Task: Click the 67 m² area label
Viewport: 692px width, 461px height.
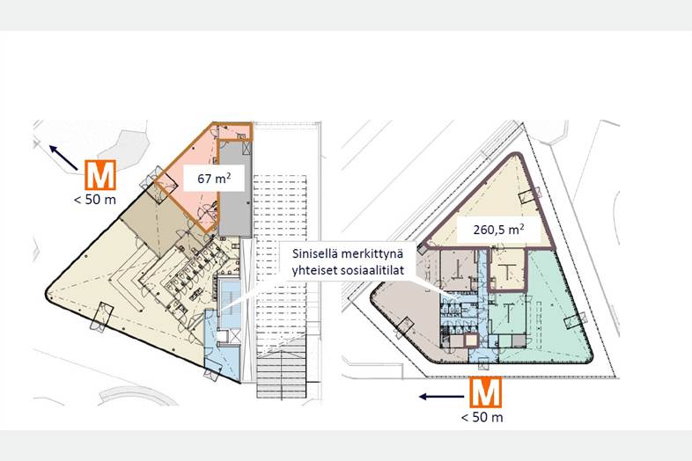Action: point(214,179)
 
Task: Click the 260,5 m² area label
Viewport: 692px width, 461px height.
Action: point(498,230)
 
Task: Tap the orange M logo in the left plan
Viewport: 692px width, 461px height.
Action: point(100,175)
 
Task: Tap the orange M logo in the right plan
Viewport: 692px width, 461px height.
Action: point(485,392)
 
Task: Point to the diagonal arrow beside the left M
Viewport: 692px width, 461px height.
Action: point(63,158)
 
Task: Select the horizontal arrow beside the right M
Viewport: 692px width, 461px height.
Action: point(441,397)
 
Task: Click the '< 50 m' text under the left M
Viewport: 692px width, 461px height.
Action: point(95,200)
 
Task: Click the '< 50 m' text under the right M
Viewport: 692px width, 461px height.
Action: point(482,417)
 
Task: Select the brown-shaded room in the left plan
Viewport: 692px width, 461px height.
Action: point(150,221)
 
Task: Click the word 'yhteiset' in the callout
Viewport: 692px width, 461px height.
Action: point(315,270)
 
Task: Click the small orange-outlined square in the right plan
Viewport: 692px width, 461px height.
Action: point(472,340)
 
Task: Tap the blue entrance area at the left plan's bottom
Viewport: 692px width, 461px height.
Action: point(222,348)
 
